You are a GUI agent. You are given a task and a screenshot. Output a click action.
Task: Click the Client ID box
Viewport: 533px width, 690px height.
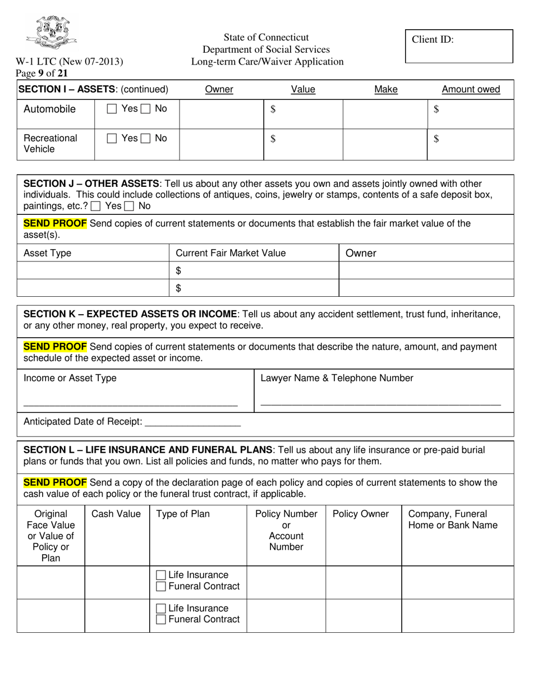pyautogui.click(x=459, y=46)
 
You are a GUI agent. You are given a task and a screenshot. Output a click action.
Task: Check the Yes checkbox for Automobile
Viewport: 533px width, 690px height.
pyautogui.click(x=112, y=109)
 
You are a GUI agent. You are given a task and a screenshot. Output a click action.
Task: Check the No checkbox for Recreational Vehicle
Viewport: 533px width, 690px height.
pyautogui.click(x=145, y=138)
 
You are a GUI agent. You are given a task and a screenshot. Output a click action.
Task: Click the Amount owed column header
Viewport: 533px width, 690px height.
pyautogui.click(x=471, y=89)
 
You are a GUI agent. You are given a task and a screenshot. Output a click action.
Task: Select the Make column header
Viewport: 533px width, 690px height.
pyautogui.click(x=385, y=89)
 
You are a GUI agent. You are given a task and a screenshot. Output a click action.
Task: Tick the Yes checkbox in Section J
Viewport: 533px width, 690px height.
pyautogui.click(x=96, y=206)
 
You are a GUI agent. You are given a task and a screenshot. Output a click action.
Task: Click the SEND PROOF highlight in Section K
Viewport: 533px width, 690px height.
pyautogui.click(x=55, y=347)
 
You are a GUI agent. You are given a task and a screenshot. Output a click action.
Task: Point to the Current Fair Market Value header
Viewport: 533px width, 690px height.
pyautogui.click(x=231, y=253)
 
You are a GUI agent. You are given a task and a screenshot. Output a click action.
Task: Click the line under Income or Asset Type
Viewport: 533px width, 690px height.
pyautogui.click(x=130, y=404)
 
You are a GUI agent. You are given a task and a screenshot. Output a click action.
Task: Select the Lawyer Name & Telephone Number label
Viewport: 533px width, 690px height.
pyautogui.click(x=337, y=378)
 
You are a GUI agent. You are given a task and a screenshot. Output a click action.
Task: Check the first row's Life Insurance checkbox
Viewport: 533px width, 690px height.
pyautogui.click(x=161, y=575)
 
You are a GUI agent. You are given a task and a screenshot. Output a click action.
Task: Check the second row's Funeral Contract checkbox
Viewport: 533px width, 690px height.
pyautogui.click(x=161, y=619)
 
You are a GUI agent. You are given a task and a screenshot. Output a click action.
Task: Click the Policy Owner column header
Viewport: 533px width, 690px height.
pyautogui.click(x=360, y=514)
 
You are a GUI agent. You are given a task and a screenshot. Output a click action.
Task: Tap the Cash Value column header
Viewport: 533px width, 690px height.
pyautogui.click(x=116, y=514)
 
